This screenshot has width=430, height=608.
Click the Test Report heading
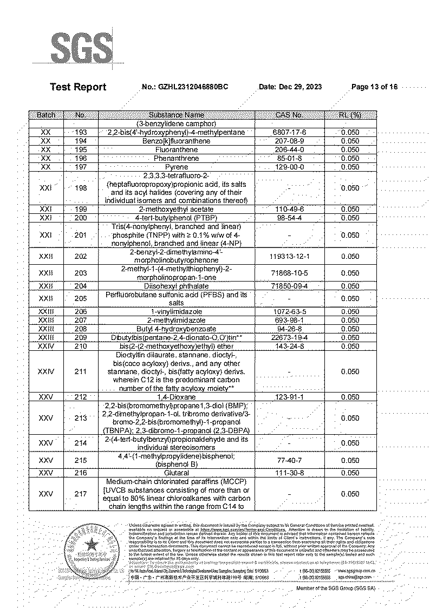point(78,87)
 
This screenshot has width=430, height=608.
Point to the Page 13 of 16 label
point(374,87)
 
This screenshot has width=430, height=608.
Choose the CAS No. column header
point(289,115)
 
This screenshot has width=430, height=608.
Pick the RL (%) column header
point(350,115)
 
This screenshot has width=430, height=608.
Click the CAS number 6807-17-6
point(289,132)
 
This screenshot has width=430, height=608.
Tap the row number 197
point(81,167)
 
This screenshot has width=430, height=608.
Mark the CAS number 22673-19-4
point(289,337)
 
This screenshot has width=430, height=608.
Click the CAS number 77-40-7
point(289,460)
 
